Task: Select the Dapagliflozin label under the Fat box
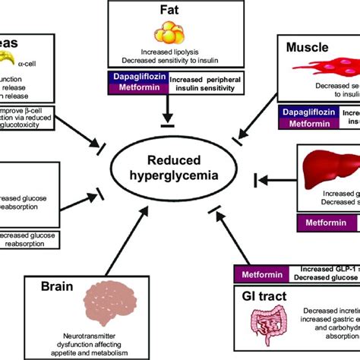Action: click(x=134, y=77)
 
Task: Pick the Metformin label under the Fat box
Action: click(x=134, y=88)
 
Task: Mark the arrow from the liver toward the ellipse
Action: click(x=274, y=179)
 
